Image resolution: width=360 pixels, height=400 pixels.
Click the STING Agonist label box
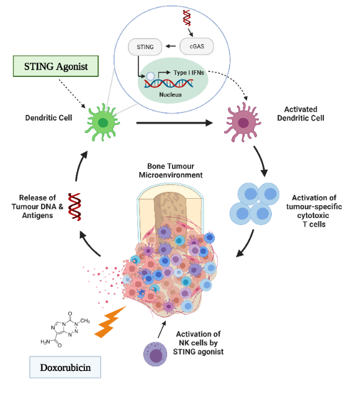coord(55,66)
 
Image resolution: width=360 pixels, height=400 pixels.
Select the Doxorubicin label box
coord(65,367)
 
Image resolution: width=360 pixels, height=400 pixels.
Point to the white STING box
coord(145,46)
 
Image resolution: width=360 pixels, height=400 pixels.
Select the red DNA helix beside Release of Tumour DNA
coord(75,207)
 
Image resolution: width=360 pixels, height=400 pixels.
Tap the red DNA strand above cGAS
coord(186,19)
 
